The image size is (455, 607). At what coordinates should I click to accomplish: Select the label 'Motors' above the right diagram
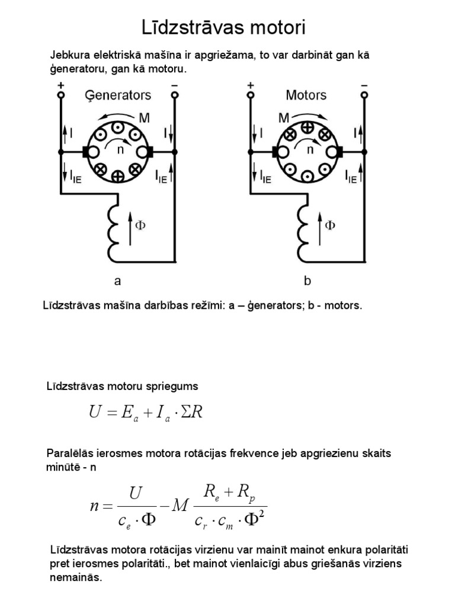coord(306,95)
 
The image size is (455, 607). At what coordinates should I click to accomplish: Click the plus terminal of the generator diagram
coord(60,94)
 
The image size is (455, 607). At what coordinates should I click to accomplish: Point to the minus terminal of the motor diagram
coord(363,94)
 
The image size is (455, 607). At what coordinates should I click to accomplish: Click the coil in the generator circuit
coord(113,225)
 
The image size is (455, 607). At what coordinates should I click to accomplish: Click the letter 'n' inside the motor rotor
coord(309,150)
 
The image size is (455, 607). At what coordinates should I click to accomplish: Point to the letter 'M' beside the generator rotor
coord(144,118)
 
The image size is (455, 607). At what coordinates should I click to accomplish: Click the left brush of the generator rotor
coord(86,151)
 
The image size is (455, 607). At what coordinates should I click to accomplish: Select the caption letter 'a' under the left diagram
coord(117,281)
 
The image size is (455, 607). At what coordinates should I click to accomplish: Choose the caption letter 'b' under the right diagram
coord(307,281)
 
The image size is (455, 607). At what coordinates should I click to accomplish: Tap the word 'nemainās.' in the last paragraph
coord(76,577)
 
